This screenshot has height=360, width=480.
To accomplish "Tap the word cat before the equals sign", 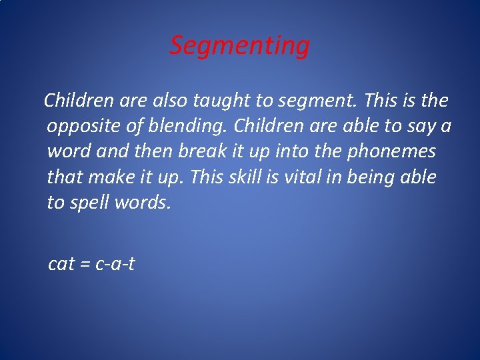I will tap(61, 265).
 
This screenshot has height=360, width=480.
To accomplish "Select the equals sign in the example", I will tap(85, 265).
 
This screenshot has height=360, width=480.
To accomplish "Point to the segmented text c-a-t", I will tap(115, 265).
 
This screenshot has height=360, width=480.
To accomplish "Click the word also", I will tap(170, 101).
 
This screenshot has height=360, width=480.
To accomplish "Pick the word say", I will tap(423, 127).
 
